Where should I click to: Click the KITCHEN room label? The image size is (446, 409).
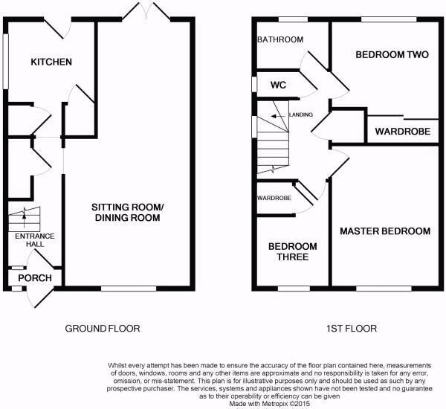coord(51,62)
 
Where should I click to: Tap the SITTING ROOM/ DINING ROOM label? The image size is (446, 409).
coord(127,213)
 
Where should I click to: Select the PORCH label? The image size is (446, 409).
coord(35,278)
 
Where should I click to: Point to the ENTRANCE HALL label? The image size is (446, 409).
coord(35,240)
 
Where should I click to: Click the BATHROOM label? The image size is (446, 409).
coord(280,39)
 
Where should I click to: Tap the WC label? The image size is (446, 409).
coord(278,85)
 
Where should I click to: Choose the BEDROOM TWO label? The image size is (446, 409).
coord(392,54)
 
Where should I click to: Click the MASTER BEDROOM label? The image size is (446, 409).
coord(385,231)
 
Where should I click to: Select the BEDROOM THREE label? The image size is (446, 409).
coord(293,251)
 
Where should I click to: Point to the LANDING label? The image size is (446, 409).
coord(301,115)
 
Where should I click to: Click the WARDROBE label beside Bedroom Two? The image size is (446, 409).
coord(402,131)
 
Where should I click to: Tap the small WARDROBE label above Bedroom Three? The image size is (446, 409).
coord(274,198)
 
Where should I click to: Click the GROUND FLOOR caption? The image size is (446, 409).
coord(103,329)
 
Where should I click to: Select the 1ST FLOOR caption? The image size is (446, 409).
coord(352,329)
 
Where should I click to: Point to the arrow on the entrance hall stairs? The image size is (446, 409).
coord(25,219)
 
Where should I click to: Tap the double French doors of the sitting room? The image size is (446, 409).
coord(146,11)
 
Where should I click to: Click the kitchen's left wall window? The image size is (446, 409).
coord(5,62)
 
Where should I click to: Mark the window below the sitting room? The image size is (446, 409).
coord(129,289)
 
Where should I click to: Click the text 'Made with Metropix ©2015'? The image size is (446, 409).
coord(270,404)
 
